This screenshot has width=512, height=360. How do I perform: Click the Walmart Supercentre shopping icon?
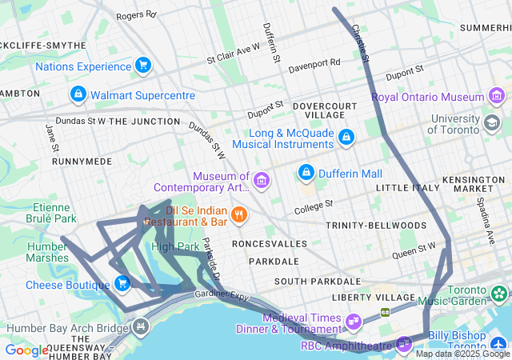[78, 95]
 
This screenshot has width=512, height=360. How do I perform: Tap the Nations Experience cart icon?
[143, 65]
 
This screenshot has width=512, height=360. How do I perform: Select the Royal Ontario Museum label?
[427, 97]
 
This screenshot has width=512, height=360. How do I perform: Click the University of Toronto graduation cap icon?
[491, 124]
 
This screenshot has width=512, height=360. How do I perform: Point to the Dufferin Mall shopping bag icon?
[306, 173]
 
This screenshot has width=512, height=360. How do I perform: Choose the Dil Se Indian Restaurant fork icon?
[238, 214]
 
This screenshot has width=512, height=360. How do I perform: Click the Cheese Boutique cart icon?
[122, 284]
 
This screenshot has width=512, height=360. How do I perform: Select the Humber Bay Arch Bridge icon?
[141, 327]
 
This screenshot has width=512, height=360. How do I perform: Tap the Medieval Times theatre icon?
[353, 322]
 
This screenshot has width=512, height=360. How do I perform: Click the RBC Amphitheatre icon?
[404, 345]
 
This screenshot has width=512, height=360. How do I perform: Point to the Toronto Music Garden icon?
[499, 294]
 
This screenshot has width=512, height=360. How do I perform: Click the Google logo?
[26, 350]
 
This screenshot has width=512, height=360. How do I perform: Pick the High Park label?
[174, 246]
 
